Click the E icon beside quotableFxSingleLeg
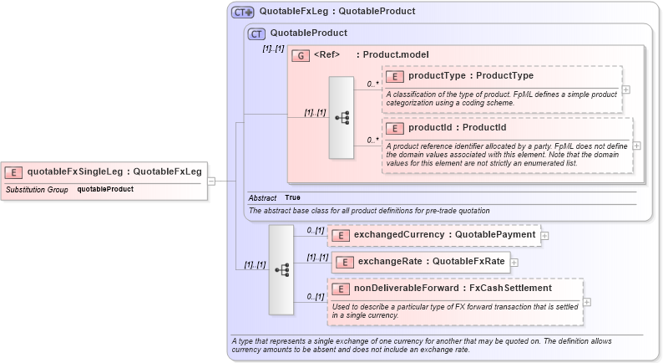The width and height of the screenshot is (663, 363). (14, 172)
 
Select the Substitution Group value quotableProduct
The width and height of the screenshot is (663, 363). (105, 189)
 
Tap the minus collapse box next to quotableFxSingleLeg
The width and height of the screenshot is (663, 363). (212, 180)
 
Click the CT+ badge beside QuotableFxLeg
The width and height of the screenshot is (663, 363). (243, 12)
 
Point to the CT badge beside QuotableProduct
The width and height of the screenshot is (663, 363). (257, 33)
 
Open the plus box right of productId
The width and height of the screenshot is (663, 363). (637, 145)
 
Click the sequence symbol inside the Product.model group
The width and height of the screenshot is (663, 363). (342, 118)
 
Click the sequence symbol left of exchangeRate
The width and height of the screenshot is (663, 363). (281, 269)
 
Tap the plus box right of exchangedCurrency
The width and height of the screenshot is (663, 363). (545, 236)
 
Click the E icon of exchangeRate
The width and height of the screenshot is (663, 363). (342, 263)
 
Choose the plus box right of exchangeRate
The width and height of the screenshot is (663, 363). (514, 263)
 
